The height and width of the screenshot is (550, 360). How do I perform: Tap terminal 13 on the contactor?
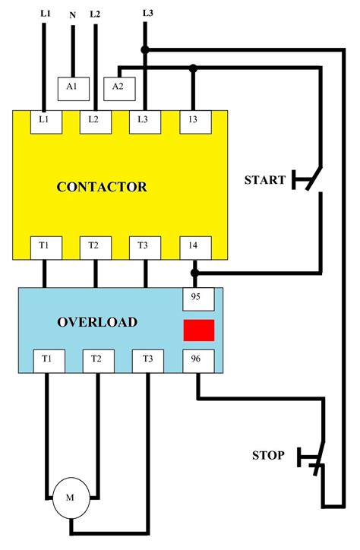[193, 120]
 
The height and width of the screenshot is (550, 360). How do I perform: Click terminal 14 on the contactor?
[193, 245]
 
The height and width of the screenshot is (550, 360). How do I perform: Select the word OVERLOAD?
[97, 322]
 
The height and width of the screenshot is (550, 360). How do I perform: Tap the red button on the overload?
[198, 330]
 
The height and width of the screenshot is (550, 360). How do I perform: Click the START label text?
[265, 180]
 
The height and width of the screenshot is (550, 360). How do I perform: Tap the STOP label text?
[268, 456]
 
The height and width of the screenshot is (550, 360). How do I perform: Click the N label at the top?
[72, 14]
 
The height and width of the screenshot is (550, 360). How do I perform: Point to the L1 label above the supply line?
[45, 13]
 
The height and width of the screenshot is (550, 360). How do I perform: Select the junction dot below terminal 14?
[195, 271]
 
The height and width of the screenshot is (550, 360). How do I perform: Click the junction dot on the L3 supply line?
[146, 51]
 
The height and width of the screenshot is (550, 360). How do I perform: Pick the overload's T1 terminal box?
[46, 360]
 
